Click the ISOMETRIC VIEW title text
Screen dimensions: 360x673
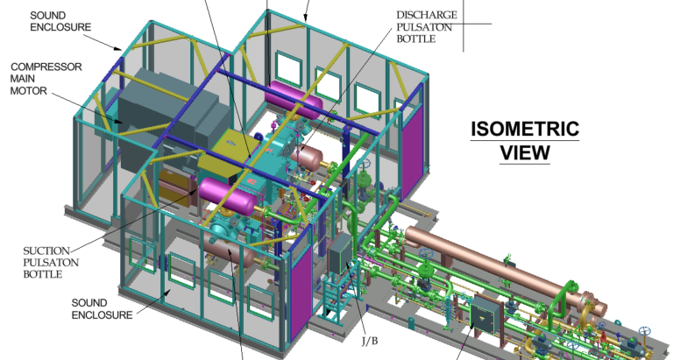(525, 141)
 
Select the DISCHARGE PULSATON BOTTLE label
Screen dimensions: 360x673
(427, 27)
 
